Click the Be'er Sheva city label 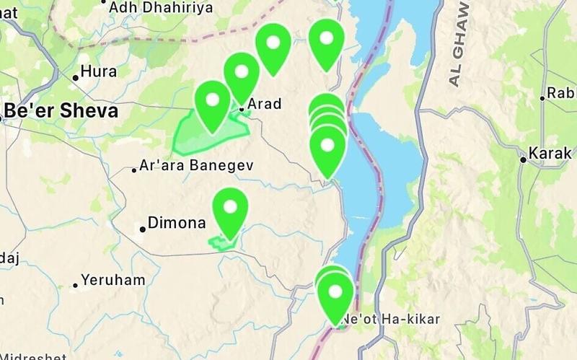point(61,111)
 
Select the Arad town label point(264,105)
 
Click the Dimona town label point(177,224)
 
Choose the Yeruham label point(113,280)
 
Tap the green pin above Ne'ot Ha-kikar point(335,295)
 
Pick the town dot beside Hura point(75,77)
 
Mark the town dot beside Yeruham point(75,286)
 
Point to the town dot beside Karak point(524,159)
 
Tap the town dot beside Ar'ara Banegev point(134,171)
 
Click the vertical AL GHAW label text point(457,43)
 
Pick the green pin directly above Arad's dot point(242,74)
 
